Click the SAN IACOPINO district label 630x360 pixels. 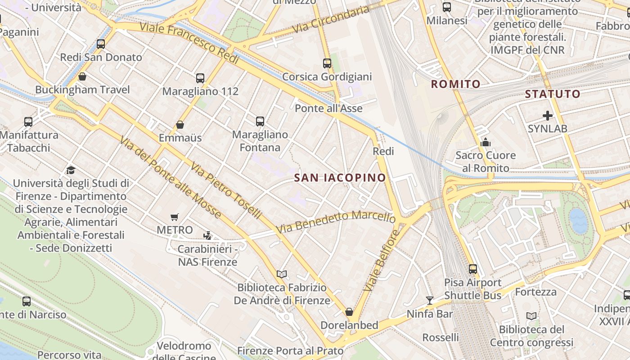[340, 178]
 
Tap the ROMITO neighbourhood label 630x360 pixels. [455, 84]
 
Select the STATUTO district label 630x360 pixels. [553, 94]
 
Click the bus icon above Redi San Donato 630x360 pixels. [101, 44]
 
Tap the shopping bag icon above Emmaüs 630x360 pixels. [180, 124]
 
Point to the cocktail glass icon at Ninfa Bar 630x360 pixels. [430, 300]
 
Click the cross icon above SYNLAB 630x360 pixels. [547, 116]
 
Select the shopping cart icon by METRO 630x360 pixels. [175, 217]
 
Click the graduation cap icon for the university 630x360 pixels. [71, 170]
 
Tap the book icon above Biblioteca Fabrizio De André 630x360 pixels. [282, 274]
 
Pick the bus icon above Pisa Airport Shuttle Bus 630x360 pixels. [472, 269]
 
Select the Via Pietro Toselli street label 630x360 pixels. [225, 191]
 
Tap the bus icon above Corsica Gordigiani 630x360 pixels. [327, 63]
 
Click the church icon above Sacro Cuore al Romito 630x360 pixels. [485, 143]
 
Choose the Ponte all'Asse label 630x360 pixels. [328, 108]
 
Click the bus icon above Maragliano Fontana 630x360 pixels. [260, 121]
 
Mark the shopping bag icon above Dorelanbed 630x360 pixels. [349, 312]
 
